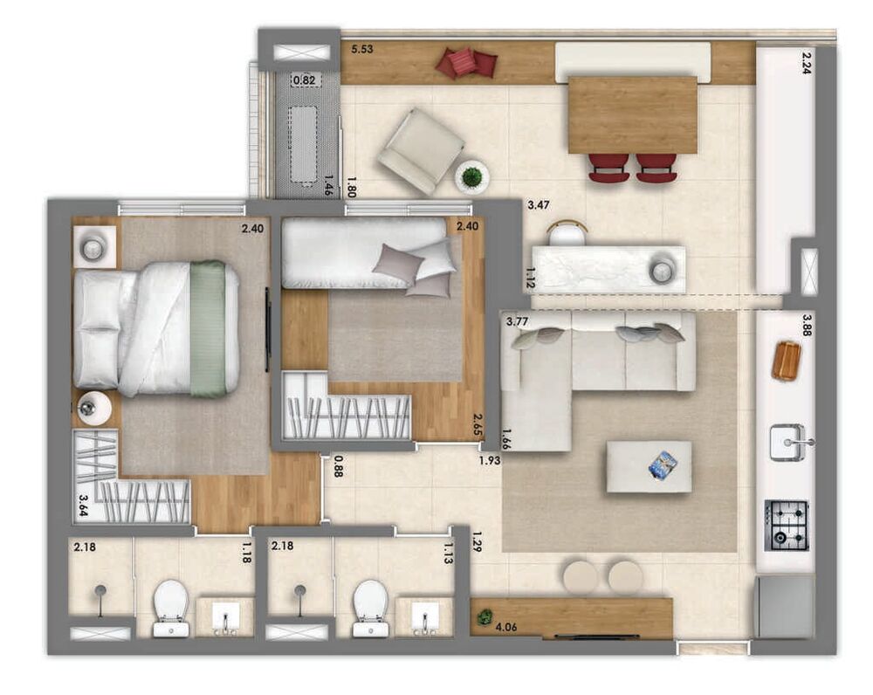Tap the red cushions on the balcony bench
(466, 62)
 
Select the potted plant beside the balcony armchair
(471, 177)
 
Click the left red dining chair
(608, 167)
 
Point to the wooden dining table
(632, 114)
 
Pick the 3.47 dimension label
(540, 207)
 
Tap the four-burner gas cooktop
(786, 525)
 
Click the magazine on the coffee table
(663, 464)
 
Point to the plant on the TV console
(485, 618)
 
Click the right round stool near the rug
(625, 577)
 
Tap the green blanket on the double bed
(208, 329)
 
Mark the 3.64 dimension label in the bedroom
(85, 506)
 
